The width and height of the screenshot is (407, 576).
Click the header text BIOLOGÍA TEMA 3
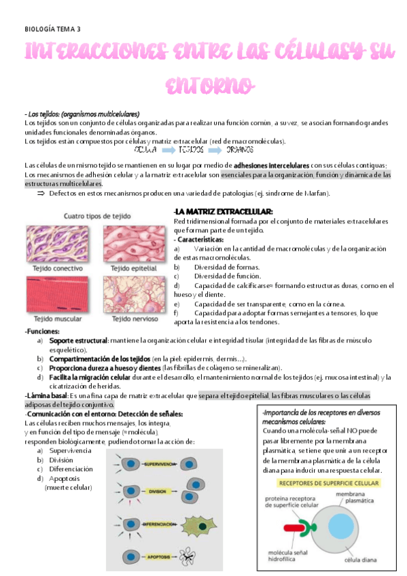(52, 29)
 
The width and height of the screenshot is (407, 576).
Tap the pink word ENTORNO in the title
(210, 86)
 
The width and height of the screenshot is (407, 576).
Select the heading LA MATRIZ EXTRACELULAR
(224, 212)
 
